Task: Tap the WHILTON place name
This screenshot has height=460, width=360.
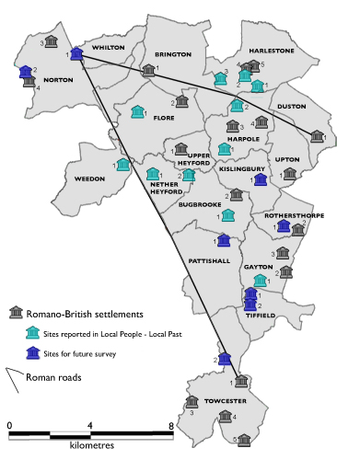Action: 108,47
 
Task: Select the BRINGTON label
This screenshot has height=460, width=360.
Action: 172,55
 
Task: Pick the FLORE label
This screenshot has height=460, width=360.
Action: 164,118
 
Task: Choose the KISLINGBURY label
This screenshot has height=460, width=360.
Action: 241,169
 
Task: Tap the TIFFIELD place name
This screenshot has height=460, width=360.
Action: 260,315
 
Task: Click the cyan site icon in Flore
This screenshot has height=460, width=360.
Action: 138,111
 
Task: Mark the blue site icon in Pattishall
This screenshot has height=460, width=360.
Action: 223,240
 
